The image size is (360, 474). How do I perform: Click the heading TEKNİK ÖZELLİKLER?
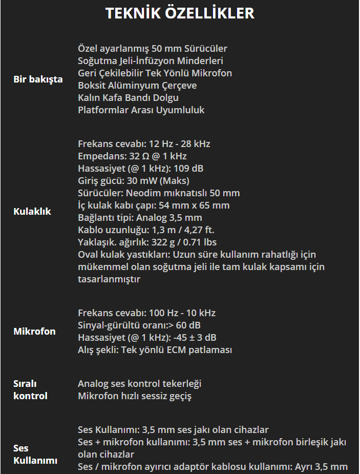pyautogui.click(x=180, y=13)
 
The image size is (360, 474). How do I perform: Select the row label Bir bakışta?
pyautogui.click(x=38, y=79)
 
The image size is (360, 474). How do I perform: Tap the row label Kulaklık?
pyautogui.click(x=32, y=212)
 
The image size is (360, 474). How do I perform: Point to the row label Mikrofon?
pyautogui.click(x=34, y=332)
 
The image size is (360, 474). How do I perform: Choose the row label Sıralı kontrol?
pyautogui.click(x=30, y=389)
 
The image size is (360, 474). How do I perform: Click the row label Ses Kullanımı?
pyautogui.click(x=35, y=455)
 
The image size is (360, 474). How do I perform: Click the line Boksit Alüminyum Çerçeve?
pyautogui.click(x=137, y=86)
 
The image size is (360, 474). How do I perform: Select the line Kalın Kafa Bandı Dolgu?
pyautogui.click(x=128, y=98)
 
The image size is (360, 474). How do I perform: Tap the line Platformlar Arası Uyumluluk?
pyautogui.click(x=141, y=110)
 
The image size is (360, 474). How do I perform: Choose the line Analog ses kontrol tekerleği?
pyautogui.click(x=139, y=384)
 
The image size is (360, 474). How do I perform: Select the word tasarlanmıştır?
pyautogui.click(x=109, y=279)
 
